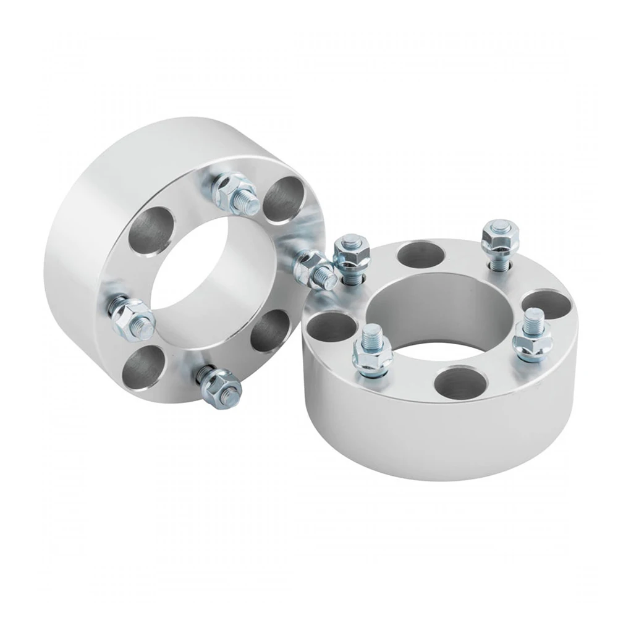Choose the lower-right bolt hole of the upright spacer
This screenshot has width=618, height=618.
point(270,331)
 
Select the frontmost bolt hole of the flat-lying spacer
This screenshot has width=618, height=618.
point(458,382)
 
